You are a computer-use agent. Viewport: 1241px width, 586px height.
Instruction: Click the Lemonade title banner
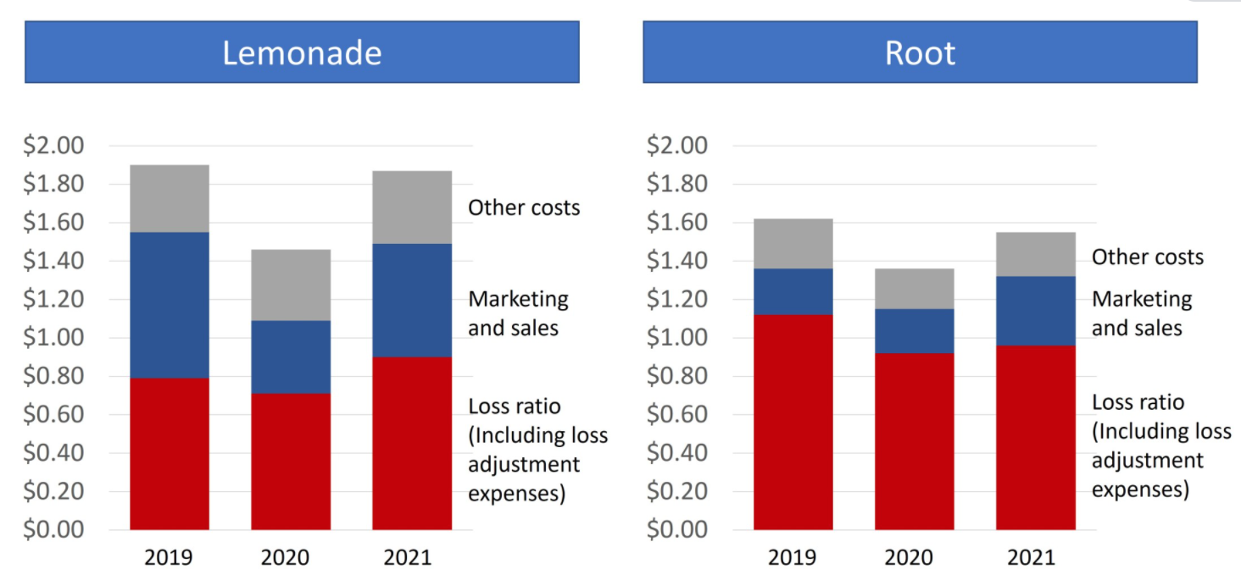[302, 53]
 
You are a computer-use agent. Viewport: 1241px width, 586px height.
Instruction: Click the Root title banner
[920, 53]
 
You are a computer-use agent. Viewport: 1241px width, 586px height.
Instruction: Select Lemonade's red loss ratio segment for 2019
[170, 454]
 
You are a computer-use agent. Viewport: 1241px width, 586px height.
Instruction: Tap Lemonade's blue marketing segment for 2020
[291, 357]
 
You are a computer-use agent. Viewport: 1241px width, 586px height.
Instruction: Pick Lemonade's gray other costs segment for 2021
[412, 207]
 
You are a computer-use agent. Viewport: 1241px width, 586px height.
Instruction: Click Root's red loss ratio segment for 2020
[915, 441]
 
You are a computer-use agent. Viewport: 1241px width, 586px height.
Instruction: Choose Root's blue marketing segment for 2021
[1036, 311]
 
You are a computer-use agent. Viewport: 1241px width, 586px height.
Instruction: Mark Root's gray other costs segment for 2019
[793, 244]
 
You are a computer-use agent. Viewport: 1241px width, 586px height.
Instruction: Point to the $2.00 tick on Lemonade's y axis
[54, 146]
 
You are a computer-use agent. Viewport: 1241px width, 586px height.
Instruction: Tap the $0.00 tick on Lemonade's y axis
[54, 530]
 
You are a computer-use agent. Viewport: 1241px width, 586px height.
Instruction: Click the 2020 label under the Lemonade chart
[290, 557]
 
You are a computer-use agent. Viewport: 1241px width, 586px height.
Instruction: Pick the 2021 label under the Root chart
[1036, 557]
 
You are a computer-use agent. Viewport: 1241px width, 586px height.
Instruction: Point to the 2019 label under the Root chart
[793, 557]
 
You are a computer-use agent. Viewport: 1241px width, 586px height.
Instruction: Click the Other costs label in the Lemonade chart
[524, 207]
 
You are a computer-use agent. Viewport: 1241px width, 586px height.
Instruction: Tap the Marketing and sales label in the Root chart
[1141, 313]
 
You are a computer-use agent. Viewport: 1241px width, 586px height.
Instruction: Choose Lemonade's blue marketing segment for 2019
[170, 305]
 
